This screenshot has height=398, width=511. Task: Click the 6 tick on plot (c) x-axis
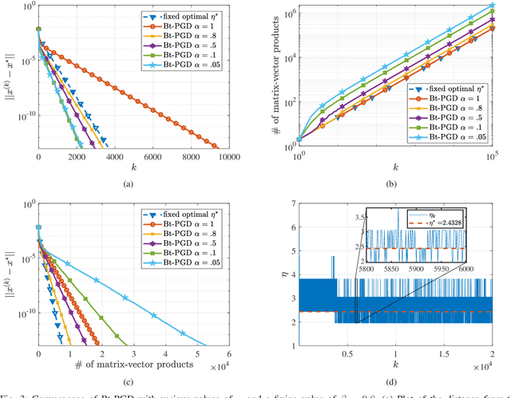tap(229, 357)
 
